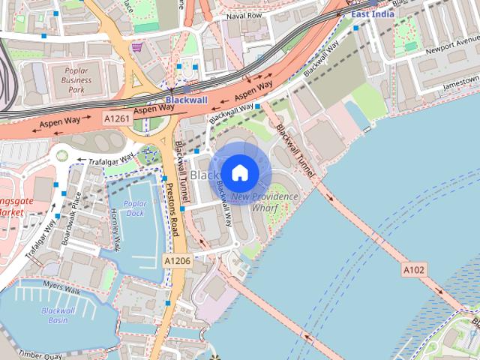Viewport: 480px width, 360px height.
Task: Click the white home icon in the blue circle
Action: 239,172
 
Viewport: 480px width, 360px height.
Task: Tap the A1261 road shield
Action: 117,119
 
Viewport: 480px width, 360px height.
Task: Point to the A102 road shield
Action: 415,269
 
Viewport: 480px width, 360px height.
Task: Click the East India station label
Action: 373,13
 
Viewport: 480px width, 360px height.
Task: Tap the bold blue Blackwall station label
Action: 186,99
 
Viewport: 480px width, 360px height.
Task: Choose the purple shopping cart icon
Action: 136,47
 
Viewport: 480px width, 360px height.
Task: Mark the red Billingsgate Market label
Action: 13,206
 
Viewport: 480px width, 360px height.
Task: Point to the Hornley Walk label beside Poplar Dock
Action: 115,228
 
